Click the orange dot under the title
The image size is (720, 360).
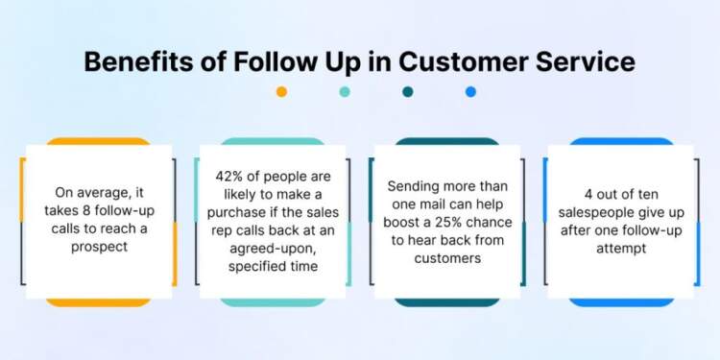(x=281, y=92)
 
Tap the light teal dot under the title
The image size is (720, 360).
(x=345, y=92)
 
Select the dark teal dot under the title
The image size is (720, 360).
(x=408, y=92)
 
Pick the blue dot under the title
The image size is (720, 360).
(x=470, y=92)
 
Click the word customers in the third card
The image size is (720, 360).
(x=448, y=257)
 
